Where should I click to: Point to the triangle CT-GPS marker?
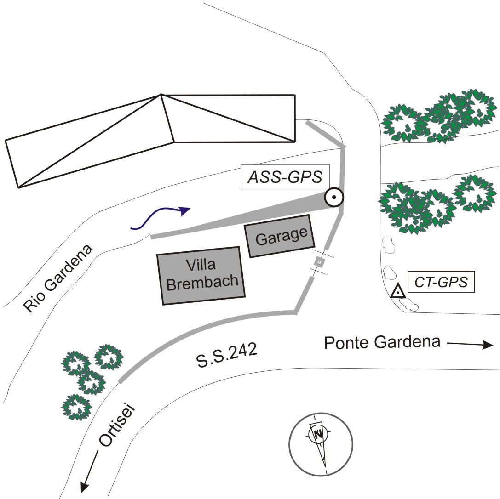tap(397, 292)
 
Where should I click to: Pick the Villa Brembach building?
tap(201, 275)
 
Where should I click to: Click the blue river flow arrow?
tap(161, 218)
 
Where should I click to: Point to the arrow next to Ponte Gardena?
tap(470, 344)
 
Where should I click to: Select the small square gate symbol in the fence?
tap(319, 262)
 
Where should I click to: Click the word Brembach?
tap(204, 282)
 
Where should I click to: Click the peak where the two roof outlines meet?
tap(161, 95)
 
